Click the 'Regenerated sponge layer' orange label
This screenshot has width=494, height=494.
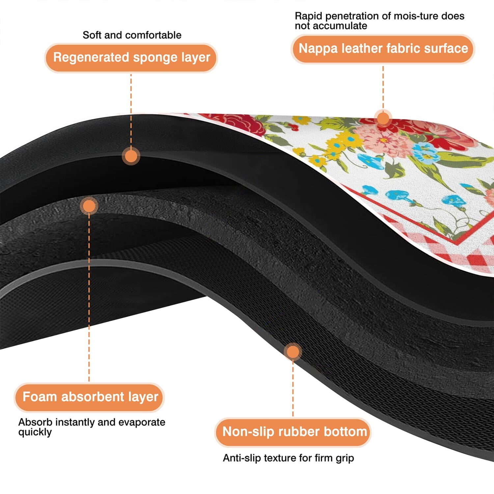131,58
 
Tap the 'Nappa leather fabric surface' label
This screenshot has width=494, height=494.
383,49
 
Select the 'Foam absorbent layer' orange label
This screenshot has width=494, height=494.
89,397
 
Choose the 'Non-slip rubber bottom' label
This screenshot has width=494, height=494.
293,432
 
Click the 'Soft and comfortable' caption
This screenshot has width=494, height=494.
132,35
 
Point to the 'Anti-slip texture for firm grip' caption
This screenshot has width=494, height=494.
288,458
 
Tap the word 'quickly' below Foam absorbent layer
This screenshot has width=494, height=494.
35,432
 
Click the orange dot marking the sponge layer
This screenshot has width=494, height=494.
131,156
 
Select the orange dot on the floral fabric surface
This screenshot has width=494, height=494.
383,118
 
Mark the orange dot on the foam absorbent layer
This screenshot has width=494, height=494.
89,206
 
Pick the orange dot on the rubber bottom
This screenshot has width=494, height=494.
293,352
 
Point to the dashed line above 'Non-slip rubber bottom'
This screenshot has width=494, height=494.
293,389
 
